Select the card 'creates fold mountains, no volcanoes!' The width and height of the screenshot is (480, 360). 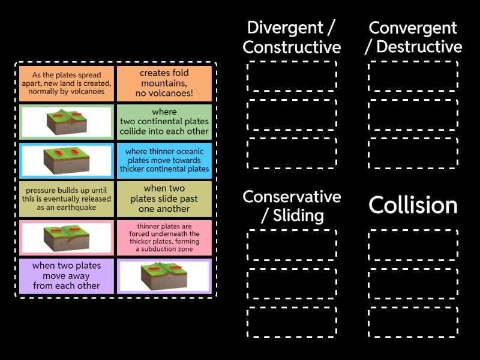point(164,83)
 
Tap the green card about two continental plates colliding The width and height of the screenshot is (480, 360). point(164,122)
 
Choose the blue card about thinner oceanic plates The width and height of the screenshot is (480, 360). point(164,160)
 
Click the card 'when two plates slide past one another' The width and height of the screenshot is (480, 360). point(164,199)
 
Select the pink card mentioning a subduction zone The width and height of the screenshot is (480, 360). point(164,237)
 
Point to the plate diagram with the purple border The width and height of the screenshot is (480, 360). point(164,276)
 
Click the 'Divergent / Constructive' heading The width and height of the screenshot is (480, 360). point(292,37)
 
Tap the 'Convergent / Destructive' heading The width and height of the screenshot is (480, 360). point(413,37)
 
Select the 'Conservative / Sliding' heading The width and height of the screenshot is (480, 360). point(292,206)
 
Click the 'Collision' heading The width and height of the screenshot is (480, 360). point(413,205)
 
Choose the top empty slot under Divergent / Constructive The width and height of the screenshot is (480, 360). point(292,76)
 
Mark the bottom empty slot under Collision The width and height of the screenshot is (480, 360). point(413,322)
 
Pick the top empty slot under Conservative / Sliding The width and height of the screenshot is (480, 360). point(292,245)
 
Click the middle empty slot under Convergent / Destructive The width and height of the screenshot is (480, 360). point(413,115)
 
